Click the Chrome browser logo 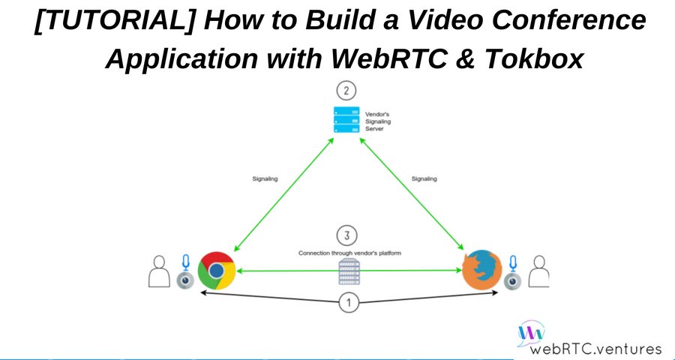[x=216, y=271]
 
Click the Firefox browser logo [x=481, y=271]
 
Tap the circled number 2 [x=346, y=92]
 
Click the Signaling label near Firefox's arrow [x=424, y=178]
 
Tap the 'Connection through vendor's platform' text [x=349, y=253]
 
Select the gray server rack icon [x=346, y=272]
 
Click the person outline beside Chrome [x=160, y=271]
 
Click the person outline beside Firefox [x=538, y=271]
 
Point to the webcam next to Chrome [x=184, y=280]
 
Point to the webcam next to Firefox [x=513, y=280]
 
